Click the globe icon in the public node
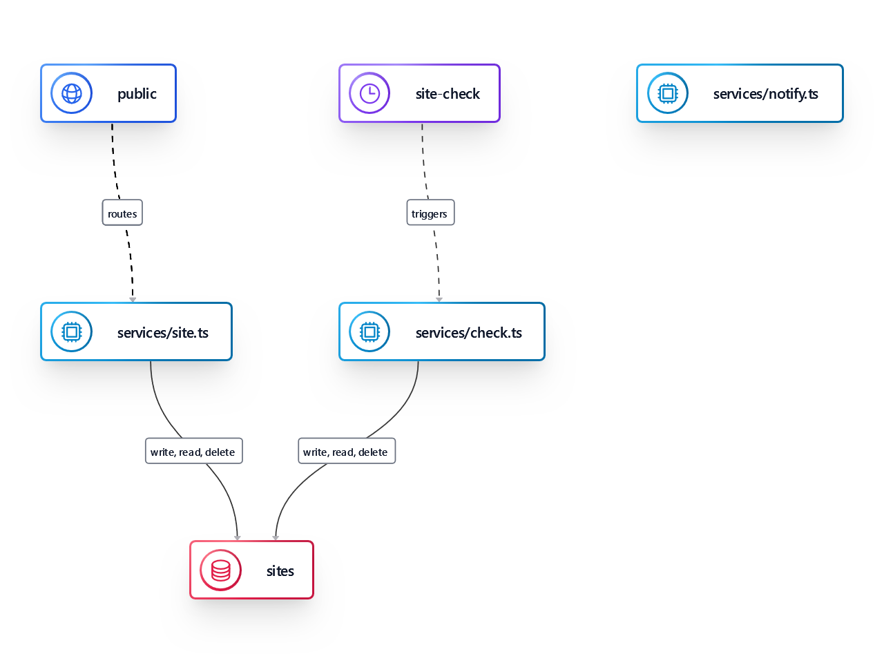72,93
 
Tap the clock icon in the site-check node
369,93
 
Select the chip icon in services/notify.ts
668,93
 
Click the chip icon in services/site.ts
72,332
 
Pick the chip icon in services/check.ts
369,332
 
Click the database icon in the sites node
221,570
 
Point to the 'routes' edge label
122,213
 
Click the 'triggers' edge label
430,213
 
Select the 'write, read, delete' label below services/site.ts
193,452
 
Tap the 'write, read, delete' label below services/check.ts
346,452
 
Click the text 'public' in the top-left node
137,94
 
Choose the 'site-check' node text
448,94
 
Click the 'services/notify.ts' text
765,94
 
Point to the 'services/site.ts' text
163,333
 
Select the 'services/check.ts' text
469,333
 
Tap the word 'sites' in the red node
280,571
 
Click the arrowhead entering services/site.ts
133,300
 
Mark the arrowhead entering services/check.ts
439,300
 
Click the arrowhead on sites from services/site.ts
238,538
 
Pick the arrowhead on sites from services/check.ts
276,538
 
